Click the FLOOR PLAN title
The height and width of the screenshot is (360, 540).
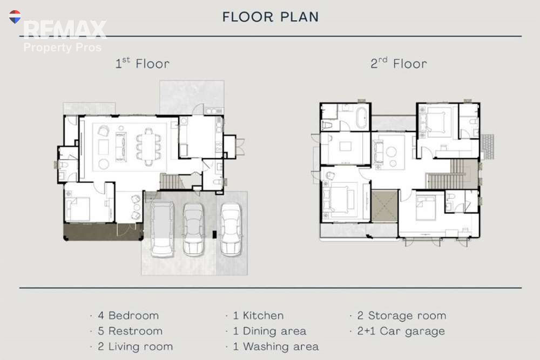(x=271, y=17)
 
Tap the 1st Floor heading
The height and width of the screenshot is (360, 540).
(x=142, y=63)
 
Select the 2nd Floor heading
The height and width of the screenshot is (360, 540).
(x=399, y=63)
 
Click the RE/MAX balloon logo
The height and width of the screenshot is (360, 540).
(x=15, y=17)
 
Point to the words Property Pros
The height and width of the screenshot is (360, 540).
(x=62, y=47)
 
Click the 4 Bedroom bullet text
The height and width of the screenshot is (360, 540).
(x=128, y=315)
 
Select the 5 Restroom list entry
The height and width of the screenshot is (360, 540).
(x=130, y=331)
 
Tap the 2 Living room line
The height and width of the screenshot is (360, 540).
(x=135, y=347)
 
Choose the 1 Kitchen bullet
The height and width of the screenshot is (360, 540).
(x=258, y=315)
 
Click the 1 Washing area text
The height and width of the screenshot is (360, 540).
(x=275, y=347)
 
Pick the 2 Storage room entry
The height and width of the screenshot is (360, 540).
(x=402, y=315)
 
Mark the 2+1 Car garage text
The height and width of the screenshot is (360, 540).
(x=401, y=331)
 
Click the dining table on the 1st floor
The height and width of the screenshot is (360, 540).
(x=148, y=146)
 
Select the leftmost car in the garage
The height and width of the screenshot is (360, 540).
(x=162, y=229)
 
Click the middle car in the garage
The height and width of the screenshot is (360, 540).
(x=193, y=229)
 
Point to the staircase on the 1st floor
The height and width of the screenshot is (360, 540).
(x=169, y=182)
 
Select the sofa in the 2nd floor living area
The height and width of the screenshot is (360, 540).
(x=379, y=152)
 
